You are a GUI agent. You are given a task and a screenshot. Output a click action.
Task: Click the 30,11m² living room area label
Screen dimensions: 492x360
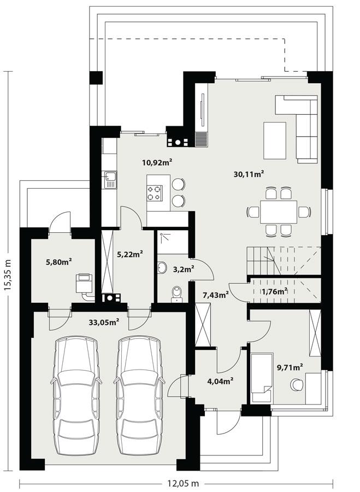click(x=249, y=174)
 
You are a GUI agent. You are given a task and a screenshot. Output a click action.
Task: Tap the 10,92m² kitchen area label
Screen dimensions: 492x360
click(x=157, y=162)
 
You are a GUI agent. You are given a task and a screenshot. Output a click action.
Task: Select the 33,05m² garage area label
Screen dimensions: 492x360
click(x=104, y=323)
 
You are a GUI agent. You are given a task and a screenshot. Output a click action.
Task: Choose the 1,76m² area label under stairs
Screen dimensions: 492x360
click(x=275, y=291)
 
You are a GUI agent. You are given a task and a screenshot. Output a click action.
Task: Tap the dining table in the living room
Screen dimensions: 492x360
click(x=279, y=212)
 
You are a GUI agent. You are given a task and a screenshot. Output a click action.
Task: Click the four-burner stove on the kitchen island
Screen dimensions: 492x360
click(x=154, y=191)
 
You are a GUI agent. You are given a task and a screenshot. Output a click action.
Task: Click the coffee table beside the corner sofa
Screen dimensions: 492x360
click(x=275, y=139)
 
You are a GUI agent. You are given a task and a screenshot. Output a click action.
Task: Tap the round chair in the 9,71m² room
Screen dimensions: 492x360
click(x=297, y=384)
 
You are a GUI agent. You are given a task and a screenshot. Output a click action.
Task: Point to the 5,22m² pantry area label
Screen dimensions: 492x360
click(x=130, y=254)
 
